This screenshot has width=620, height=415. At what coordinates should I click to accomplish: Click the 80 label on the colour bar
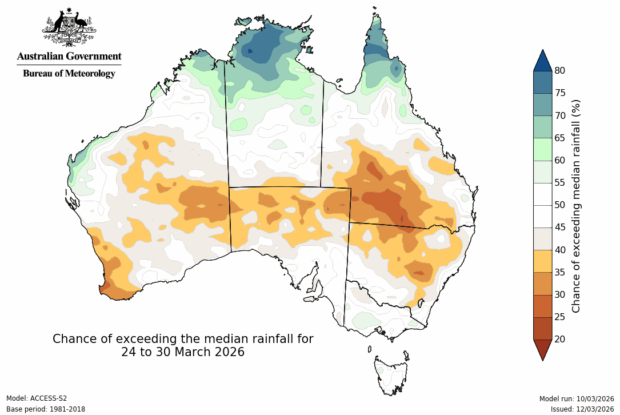560,70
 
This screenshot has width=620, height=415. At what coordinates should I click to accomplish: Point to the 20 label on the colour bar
560,339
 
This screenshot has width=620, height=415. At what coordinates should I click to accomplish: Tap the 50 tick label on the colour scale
560,205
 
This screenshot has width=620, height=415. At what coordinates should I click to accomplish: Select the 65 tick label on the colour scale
560,138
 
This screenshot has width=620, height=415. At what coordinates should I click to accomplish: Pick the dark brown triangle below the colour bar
542,349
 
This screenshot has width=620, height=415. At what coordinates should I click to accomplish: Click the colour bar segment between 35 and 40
542,261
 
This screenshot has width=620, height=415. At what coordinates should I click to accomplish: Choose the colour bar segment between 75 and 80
542,82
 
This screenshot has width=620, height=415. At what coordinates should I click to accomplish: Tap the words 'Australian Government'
69,56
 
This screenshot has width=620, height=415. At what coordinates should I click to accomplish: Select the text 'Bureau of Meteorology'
69,73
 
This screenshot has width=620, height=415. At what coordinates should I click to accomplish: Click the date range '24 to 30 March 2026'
183,352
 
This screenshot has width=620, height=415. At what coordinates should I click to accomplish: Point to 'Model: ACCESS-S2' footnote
37,398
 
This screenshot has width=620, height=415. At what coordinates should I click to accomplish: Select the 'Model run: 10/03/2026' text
577,398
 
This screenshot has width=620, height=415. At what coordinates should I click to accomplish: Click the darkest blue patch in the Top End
250,51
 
